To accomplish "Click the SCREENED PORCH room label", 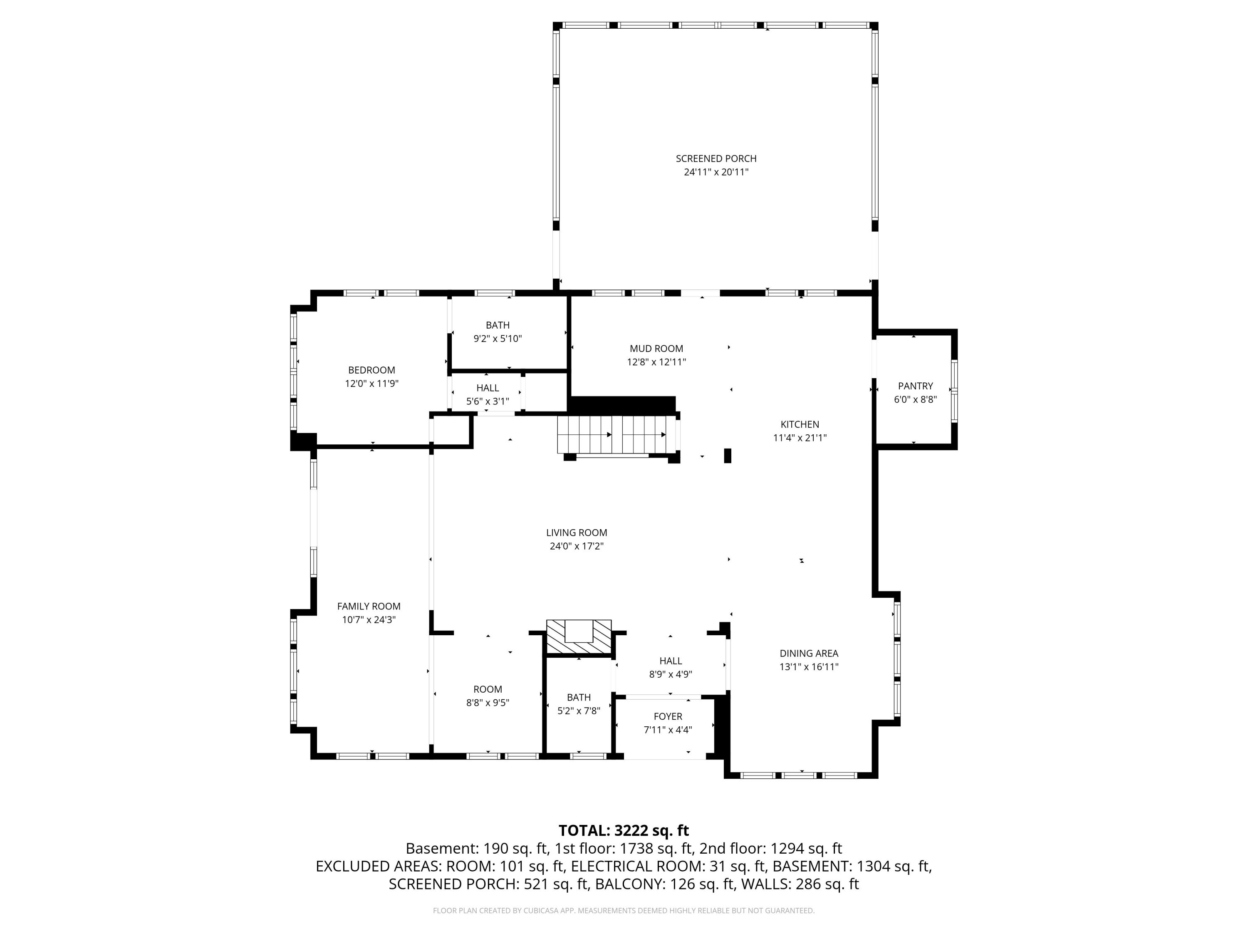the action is [x=716, y=158].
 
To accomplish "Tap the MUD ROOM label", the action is [x=656, y=349].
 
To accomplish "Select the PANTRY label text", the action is [x=915, y=386].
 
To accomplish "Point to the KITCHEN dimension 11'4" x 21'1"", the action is [x=800, y=438].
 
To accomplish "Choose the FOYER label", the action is [x=668, y=716].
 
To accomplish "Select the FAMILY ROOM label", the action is [x=369, y=607].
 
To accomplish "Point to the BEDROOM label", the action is [x=371, y=370].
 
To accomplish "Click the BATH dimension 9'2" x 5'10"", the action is [x=498, y=339].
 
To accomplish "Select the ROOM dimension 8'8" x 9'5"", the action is [x=488, y=703].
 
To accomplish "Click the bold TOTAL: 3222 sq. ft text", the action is [x=624, y=830].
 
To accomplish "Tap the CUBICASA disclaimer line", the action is [x=624, y=911].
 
